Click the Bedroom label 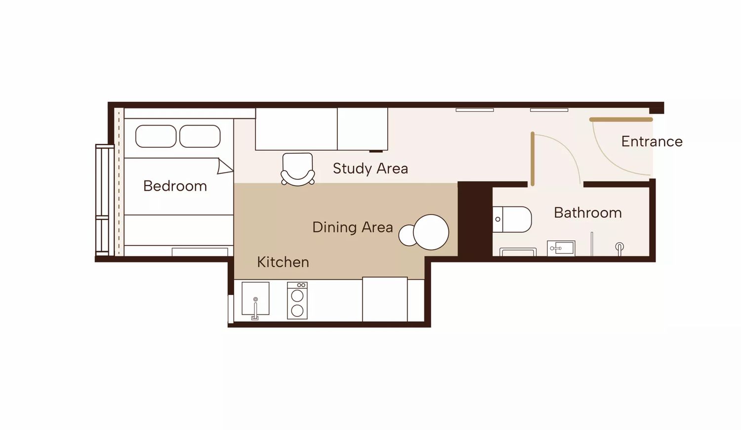pyautogui.click(x=175, y=186)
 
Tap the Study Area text pyautogui.click(x=370, y=169)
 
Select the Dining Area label pyautogui.click(x=352, y=227)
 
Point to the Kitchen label pyautogui.click(x=283, y=262)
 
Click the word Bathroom pyautogui.click(x=588, y=213)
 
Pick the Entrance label pyautogui.click(x=652, y=142)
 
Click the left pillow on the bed pyautogui.click(x=156, y=136)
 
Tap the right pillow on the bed pyautogui.click(x=200, y=136)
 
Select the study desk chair pyautogui.click(x=297, y=169)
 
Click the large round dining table pyautogui.click(x=431, y=232)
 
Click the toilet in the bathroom pyautogui.click(x=512, y=219)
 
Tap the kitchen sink pyautogui.click(x=255, y=299)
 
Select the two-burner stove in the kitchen pyautogui.click(x=297, y=301)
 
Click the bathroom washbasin pyautogui.click(x=561, y=248)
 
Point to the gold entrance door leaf pyautogui.click(x=621, y=120)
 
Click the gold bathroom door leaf pyautogui.click(x=533, y=159)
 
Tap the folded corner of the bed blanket pyautogui.click(x=224, y=167)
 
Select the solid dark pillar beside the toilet pyautogui.click(x=475, y=219)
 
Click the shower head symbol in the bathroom pyautogui.click(x=619, y=248)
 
